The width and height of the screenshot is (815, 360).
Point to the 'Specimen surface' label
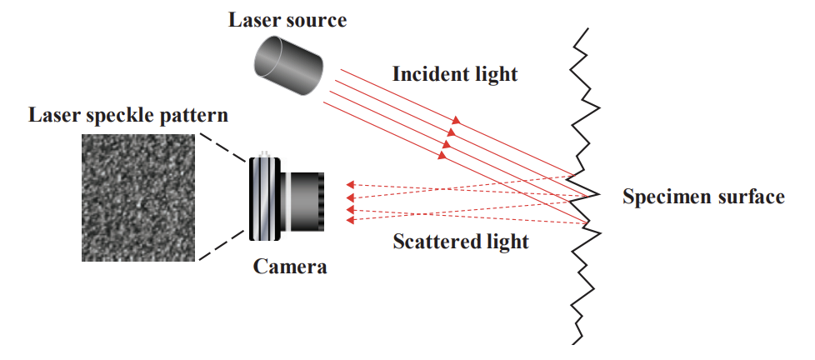(x=703, y=197)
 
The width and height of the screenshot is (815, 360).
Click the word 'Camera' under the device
(x=290, y=267)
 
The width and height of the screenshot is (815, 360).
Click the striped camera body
(x=266, y=198)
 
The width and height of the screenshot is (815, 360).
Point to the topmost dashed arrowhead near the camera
(x=351, y=182)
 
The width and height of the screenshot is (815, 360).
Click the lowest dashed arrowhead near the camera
(x=351, y=220)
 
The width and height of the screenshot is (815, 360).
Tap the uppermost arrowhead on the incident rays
(x=456, y=121)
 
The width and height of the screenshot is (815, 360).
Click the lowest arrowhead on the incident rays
(x=442, y=155)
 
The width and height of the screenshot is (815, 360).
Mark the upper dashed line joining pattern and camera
(x=221, y=147)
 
